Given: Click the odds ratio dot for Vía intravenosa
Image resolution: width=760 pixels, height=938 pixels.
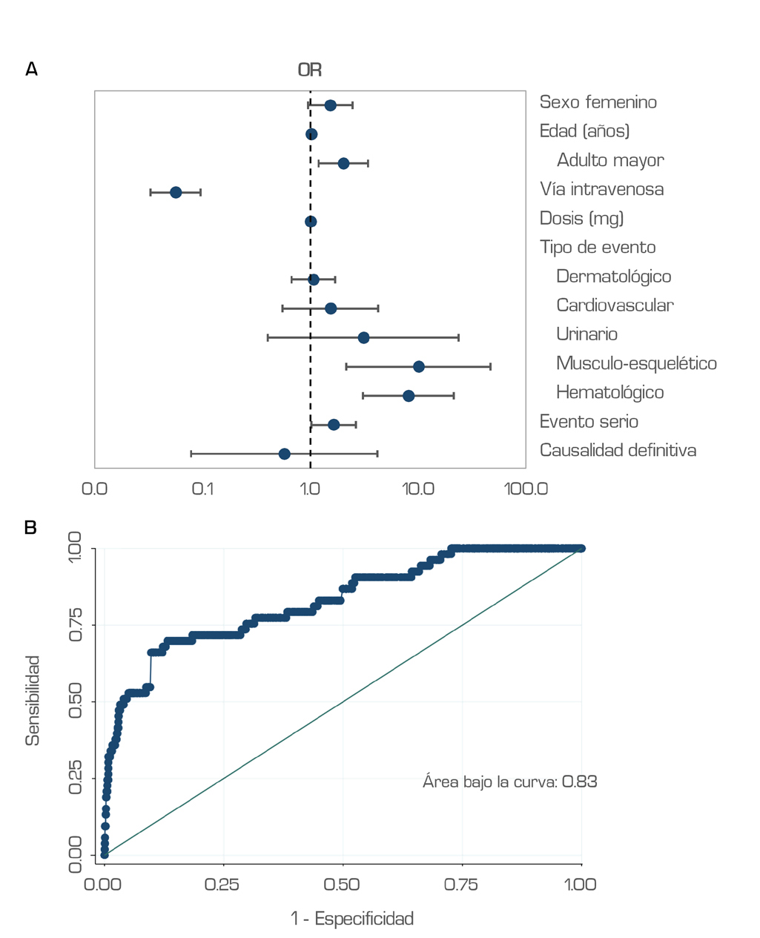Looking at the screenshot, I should pos(176,193).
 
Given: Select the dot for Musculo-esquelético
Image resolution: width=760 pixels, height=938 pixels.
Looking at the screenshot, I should pos(419,367).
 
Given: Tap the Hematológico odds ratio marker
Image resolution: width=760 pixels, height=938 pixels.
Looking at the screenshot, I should pos(409,396).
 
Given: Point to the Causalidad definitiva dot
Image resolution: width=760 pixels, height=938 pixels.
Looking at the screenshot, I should pos(284,454).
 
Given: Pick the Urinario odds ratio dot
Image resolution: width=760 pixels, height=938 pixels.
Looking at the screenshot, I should pos(363,338).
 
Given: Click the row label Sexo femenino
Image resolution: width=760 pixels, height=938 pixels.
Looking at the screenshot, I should pos(598,102).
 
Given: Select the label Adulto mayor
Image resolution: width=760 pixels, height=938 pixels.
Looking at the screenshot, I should pos(610,160).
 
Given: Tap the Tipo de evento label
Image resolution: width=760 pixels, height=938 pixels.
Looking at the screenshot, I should pos(598,247).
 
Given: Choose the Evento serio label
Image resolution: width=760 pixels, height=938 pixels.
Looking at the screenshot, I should pos(589,421).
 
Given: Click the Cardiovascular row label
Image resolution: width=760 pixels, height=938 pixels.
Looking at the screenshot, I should pos(615,305).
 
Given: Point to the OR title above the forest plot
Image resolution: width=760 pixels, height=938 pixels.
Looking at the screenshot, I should pos(310,70).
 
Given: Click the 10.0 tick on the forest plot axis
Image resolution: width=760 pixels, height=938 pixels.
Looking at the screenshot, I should pos(418,489).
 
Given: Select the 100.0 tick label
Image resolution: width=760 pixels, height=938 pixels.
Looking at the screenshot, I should pos(526,489).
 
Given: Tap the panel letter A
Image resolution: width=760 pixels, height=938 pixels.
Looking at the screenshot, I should pos(31,69).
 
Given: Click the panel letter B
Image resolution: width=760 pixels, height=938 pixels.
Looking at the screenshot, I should pos(30,527).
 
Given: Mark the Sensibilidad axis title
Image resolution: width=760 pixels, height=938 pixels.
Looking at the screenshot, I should pos(33,701).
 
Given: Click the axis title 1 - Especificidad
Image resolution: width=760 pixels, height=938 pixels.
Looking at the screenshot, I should pos(352,919).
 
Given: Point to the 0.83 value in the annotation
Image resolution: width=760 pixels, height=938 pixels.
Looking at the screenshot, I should pos(580,782).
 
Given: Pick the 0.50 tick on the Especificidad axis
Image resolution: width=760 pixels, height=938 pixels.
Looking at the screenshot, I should pos(343,884).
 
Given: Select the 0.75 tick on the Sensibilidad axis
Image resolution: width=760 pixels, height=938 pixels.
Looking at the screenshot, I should pos(76,625).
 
